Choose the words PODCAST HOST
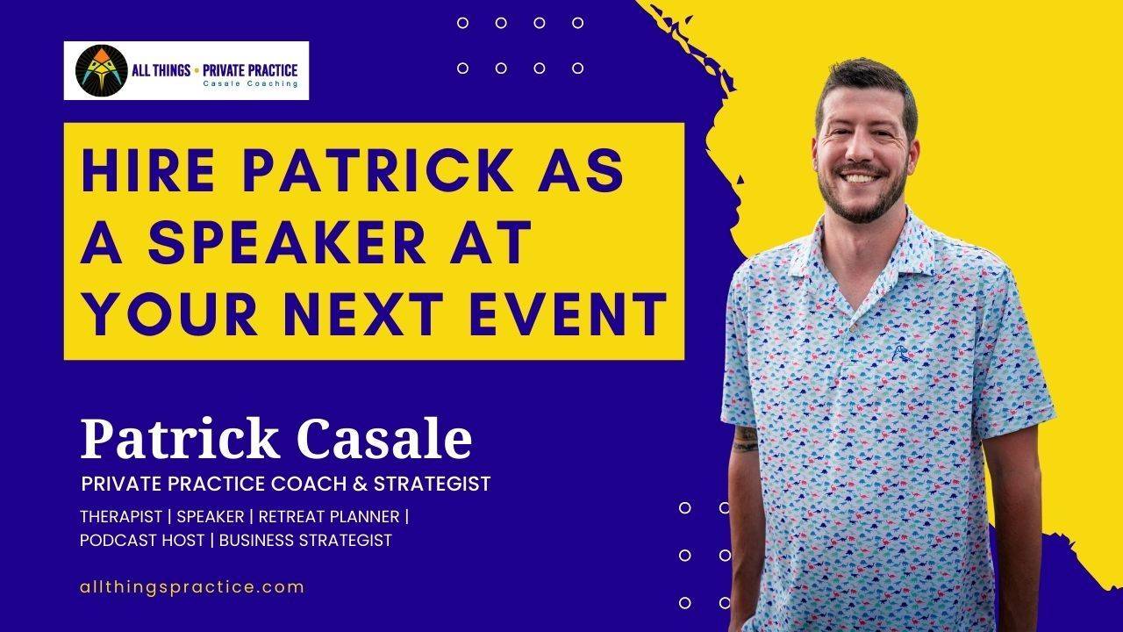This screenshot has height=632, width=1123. (x=141, y=540)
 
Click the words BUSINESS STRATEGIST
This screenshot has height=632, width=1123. (x=305, y=540)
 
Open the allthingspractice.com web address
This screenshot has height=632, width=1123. (x=191, y=587)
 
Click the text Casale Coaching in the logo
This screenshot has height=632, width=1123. (x=250, y=84)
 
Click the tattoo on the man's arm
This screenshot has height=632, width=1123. (x=745, y=438)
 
